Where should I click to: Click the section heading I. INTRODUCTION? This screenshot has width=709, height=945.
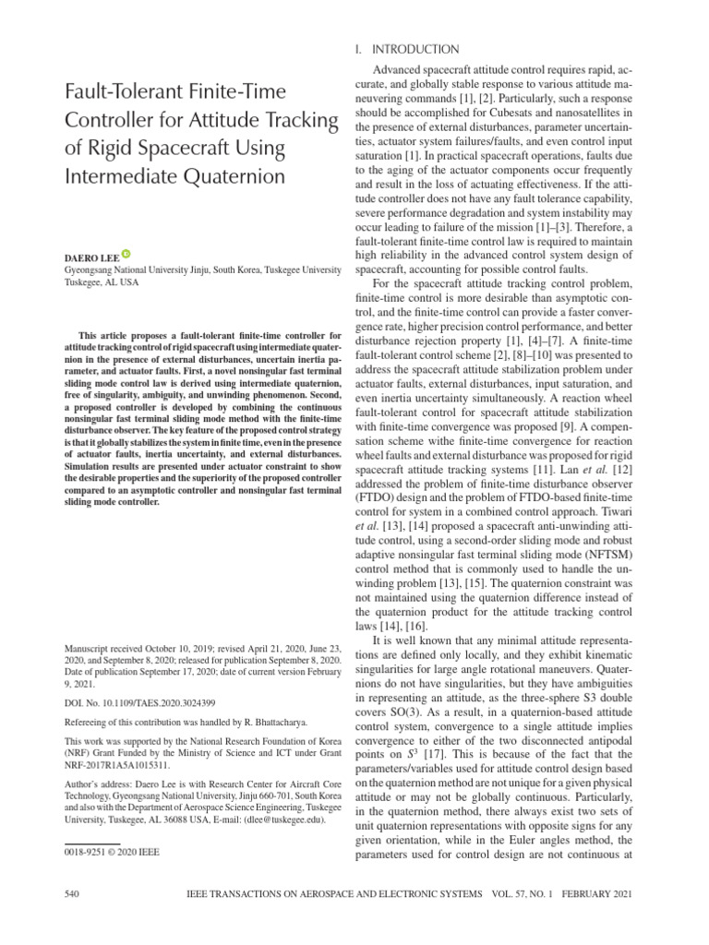click(x=406, y=49)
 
